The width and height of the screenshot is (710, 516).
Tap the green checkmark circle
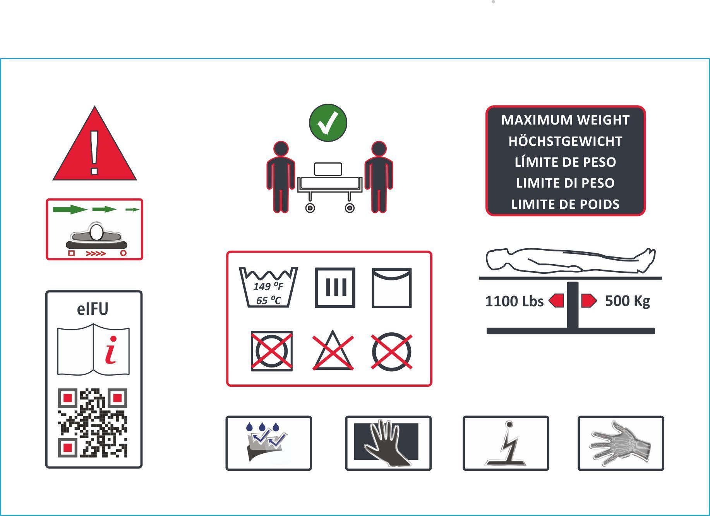(328, 123)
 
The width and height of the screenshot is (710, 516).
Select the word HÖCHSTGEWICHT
(565, 141)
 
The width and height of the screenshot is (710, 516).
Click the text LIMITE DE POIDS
(565, 204)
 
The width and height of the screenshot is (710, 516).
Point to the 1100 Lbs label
(514, 301)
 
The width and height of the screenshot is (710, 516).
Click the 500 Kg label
(627, 301)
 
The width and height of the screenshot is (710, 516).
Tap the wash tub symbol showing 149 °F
(268, 287)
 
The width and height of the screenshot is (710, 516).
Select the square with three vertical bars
(335, 288)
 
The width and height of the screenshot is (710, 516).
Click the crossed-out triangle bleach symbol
(333, 351)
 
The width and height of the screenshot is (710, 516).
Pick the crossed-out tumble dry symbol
(271, 351)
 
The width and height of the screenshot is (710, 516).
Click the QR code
(93, 423)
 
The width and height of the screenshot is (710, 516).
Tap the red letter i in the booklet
(111, 350)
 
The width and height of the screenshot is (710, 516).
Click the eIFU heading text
(93, 309)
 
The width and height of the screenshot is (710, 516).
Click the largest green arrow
(70, 210)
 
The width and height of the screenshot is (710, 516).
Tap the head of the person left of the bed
(281, 149)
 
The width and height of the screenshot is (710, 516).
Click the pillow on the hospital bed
(328, 169)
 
